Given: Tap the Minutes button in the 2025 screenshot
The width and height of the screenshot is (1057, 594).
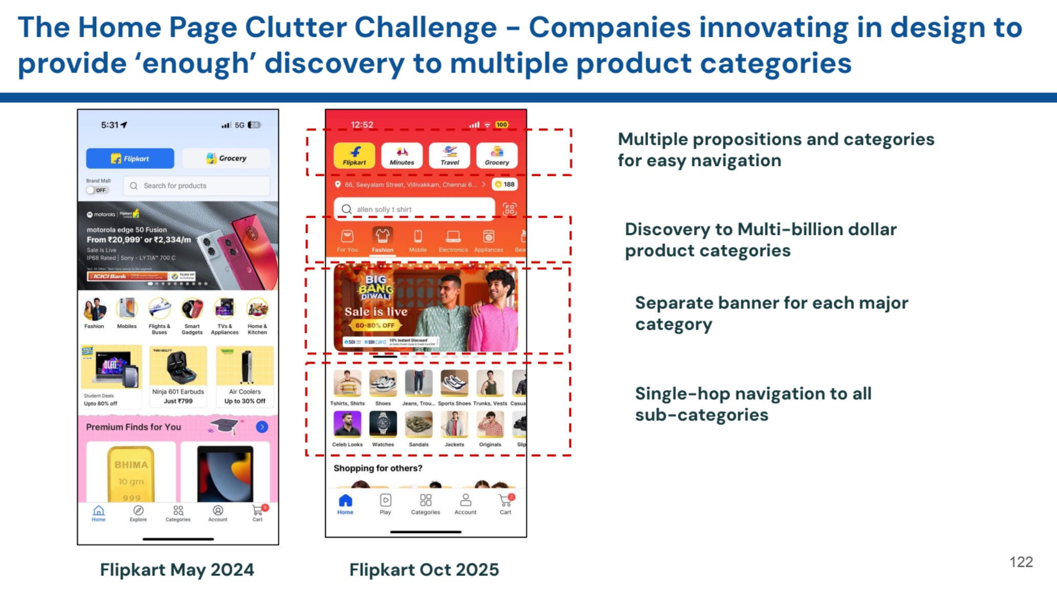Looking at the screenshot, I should pyautogui.click(x=402, y=155).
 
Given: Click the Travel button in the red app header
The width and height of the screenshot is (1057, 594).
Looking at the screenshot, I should pyautogui.click(x=449, y=155).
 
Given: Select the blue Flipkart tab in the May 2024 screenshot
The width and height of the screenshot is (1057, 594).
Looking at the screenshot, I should pyautogui.click(x=130, y=158).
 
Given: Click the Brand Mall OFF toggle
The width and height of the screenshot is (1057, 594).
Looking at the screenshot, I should pyautogui.click(x=97, y=190).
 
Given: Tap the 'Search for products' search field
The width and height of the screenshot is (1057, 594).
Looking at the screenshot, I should pyautogui.click(x=196, y=186).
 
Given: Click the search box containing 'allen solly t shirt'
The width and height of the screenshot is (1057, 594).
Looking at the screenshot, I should pyautogui.click(x=414, y=209).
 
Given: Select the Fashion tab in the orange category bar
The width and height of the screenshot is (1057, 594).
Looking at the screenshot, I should pyautogui.click(x=382, y=240).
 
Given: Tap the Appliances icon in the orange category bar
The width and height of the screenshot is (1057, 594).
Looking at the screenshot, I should pyautogui.click(x=488, y=240).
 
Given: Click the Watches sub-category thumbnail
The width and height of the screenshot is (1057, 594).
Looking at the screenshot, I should pyautogui.click(x=383, y=425).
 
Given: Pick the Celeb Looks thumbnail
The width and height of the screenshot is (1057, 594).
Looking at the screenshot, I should pyautogui.click(x=347, y=425).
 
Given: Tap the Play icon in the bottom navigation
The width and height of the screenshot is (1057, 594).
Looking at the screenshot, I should pyautogui.click(x=385, y=503).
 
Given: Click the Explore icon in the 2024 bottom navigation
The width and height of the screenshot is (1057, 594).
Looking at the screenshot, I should pyautogui.click(x=138, y=513).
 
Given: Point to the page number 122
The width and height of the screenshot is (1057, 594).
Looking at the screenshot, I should pyautogui.click(x=1021, y=562).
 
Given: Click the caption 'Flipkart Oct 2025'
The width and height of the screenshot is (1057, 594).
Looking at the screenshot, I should pyautogui.click(x=424, y=569).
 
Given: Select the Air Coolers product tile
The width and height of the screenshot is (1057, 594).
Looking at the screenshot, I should pyautogui.click(x=245, y=376).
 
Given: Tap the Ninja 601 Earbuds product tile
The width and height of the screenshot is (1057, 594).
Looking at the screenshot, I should pyautogui.click(x=178, y=376).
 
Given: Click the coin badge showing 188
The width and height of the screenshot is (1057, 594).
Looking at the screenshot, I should pyautogui.click(x=504, y=184).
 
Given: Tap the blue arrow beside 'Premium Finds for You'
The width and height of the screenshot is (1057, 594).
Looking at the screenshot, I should pyautogui.click(x=262, y=427).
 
